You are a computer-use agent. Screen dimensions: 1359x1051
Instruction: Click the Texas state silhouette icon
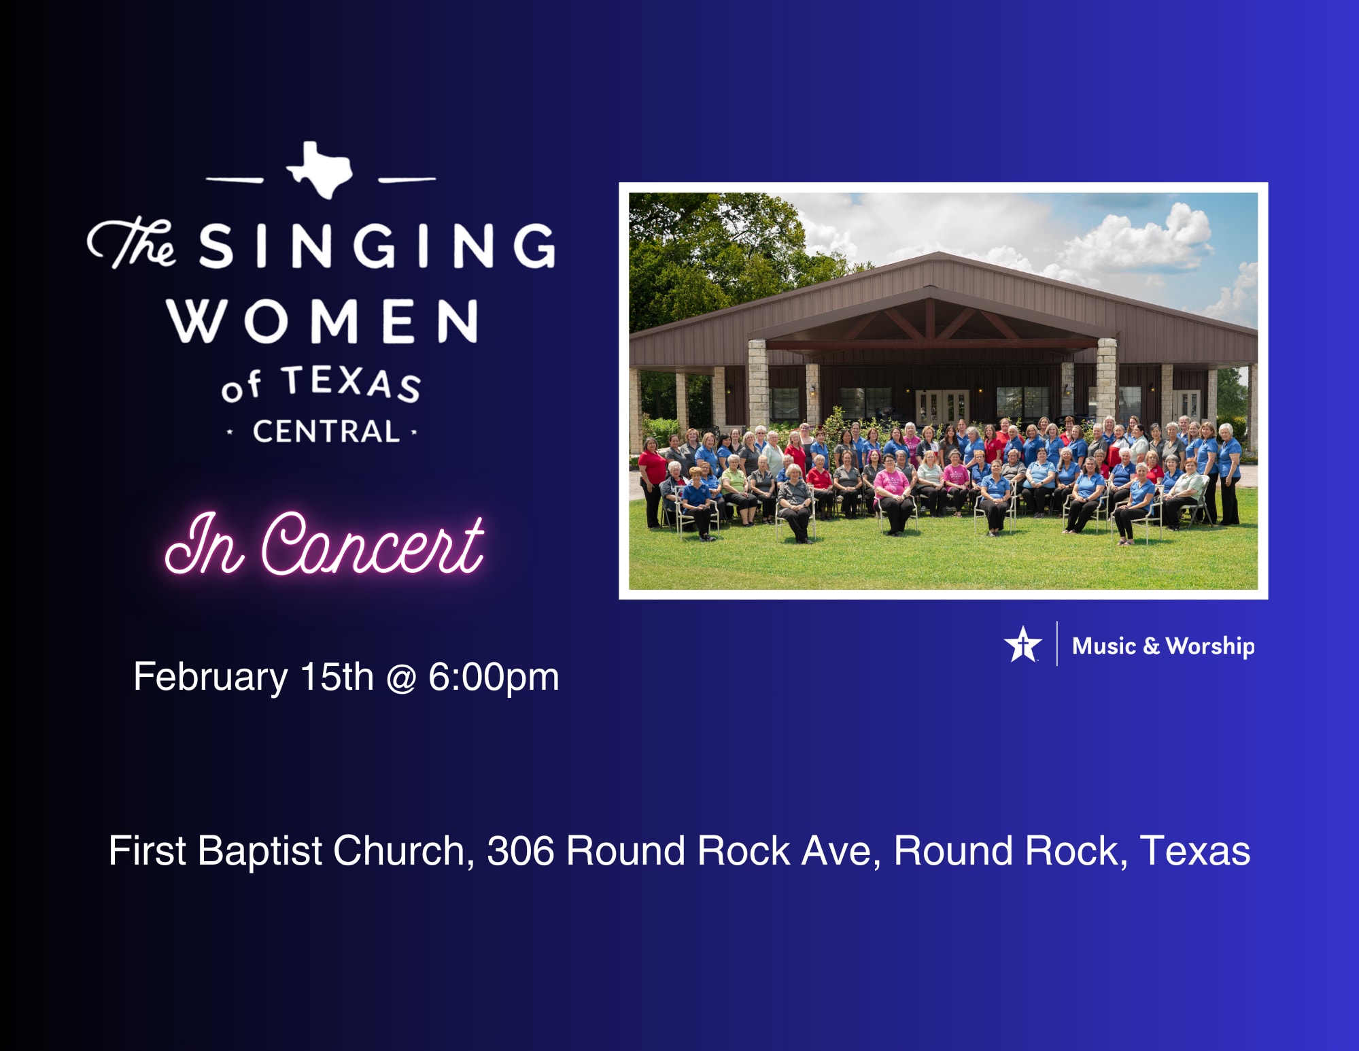[320, 170]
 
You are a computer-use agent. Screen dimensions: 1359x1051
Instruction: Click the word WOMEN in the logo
[322, 320]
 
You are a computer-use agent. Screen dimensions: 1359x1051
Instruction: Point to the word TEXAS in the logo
[351, 383]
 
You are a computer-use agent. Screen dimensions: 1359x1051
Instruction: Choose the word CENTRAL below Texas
[326, 432]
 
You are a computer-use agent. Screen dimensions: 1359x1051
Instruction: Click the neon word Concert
[373, 544]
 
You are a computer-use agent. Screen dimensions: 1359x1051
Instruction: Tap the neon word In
[204, 544]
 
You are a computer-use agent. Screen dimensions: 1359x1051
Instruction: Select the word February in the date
[211, 678]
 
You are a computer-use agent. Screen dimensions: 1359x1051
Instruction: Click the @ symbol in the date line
[401, 678]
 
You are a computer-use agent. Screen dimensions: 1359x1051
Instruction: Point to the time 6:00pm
[494, 678]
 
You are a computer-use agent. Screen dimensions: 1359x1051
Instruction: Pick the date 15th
[337, 677]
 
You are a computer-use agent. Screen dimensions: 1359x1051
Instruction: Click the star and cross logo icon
[1022, 644]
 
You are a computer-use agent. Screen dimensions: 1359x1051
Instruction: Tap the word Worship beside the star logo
[1210, 646]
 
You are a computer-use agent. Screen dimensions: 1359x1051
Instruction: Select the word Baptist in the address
[260, 851]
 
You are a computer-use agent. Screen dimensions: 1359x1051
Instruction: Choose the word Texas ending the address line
[1194, 851]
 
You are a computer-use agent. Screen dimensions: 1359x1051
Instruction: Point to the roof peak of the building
[939, 253]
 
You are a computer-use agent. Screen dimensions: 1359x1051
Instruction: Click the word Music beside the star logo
[1104, 646]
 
